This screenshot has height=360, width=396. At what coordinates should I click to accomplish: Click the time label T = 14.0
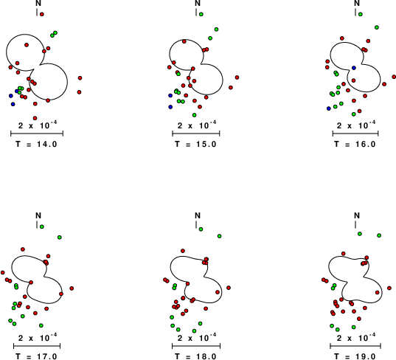[x=36, y=145]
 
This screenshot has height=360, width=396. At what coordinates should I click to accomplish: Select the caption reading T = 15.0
[x=195, y=145]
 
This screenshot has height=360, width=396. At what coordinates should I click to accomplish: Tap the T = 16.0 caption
[x=355, y=145]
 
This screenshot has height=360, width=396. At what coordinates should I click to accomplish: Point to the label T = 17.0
[x=36, y=356]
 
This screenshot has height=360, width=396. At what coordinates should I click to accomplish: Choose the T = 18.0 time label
[x=195, y=356]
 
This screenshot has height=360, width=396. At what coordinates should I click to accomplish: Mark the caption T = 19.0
[x=355, y=356]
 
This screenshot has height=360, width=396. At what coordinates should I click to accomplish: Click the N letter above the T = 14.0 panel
[x=38, y=3]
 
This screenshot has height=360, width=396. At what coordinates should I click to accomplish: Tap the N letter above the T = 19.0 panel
[x=357, y=215]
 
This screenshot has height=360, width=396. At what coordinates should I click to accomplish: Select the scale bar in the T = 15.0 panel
[x=196, y=134]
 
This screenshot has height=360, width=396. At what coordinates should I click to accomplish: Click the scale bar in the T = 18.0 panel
[x=196, y=346]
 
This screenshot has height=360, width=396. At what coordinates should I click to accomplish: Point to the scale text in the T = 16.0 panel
[x=356, y=125]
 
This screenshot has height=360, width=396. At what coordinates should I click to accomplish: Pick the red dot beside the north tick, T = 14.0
[x=42, y=15]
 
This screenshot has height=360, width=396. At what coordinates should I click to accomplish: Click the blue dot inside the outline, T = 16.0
[x=354, y=68]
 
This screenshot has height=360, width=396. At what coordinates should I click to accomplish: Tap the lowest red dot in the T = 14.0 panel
[x=35, y=118]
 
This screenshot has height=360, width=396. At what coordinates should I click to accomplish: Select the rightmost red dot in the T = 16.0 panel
[x=394, y=77]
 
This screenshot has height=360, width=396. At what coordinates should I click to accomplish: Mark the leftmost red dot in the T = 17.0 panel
[x=3, y=273]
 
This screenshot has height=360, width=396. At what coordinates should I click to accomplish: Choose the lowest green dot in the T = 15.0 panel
[x=194, y=115]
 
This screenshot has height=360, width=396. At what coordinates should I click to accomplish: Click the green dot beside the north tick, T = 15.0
[x=201, y=15]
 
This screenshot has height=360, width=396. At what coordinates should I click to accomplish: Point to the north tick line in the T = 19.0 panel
[x=355, y=224]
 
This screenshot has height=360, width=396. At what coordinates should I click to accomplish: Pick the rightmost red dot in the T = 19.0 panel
[x=389, y=288]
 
